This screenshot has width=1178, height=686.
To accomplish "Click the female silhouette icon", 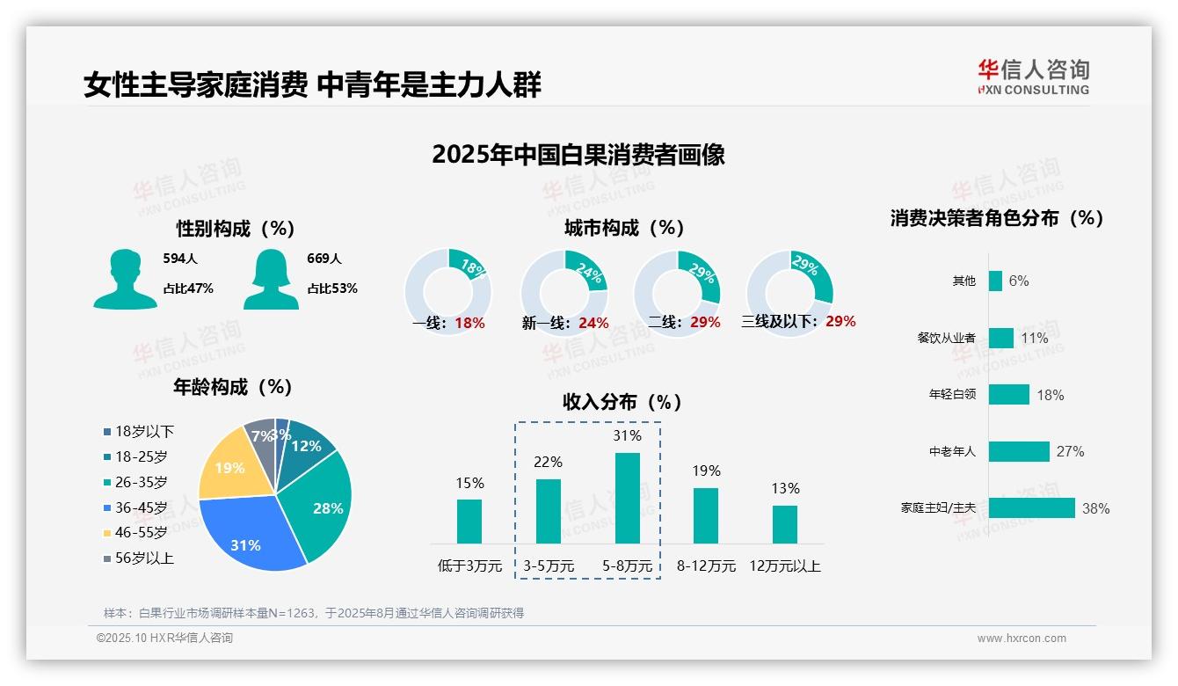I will click(x=271, y=279).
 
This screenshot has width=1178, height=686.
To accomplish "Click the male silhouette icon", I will click(x=125, y=279).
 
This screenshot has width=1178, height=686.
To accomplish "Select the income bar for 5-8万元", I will click(x=627, y=498).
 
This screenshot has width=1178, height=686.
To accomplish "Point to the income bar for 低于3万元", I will click(x=469, y=521).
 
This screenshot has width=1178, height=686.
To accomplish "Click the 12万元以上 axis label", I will click(x=784, y=566).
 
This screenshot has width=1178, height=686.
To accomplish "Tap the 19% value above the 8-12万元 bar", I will click(x=706, y=471).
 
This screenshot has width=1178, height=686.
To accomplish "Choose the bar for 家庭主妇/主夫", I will click(x=1031, y=508).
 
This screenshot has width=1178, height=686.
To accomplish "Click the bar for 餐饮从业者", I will click(x=1000, y=338).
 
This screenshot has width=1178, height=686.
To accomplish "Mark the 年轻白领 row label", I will click(x=952, y=395).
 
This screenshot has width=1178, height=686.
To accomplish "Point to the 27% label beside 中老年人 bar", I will click(x=1071, y=452).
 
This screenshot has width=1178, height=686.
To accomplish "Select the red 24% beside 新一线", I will click(x=593, y=324).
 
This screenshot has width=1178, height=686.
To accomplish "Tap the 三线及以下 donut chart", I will click(x=789, y=283).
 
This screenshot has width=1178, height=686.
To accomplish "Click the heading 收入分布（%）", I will click(x=622, y=402).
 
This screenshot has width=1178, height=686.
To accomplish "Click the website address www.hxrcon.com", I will click(x=1022, y=639).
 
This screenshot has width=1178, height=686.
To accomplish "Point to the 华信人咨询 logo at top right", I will click(x=1033, y=77).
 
